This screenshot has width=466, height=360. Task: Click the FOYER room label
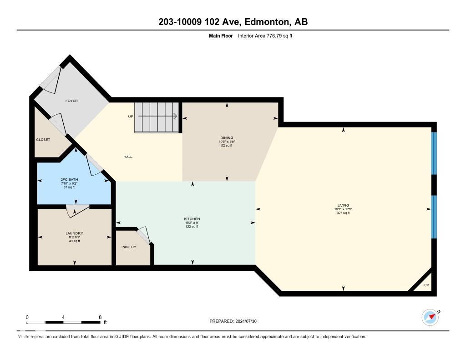click(x=71, y=101)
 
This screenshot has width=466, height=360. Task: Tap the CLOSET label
click(x=43, y=140)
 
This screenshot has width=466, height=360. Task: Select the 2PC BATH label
click(x=69, y=180)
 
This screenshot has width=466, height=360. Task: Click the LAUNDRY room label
click(x=74, y=233)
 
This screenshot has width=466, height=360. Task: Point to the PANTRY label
click(x=129, y=247)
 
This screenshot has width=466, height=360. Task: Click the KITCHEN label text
click(x=192, y=219)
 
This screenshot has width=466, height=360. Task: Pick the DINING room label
click(x=227, y=137)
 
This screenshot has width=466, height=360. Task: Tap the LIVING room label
click(x=343, y=205)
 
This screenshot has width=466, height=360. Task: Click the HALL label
click(x=128, y=157)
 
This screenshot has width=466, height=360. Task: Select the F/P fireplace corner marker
click(x=426, y=285)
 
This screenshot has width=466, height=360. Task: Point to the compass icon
click(x=430, y=317)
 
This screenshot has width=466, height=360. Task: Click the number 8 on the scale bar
click(x=100, y=317)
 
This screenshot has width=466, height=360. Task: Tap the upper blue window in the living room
click(x=434, y=153)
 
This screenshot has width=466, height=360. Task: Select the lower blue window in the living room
click(x=434, y=217)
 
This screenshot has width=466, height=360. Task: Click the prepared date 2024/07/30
click(x=250, y=321)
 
